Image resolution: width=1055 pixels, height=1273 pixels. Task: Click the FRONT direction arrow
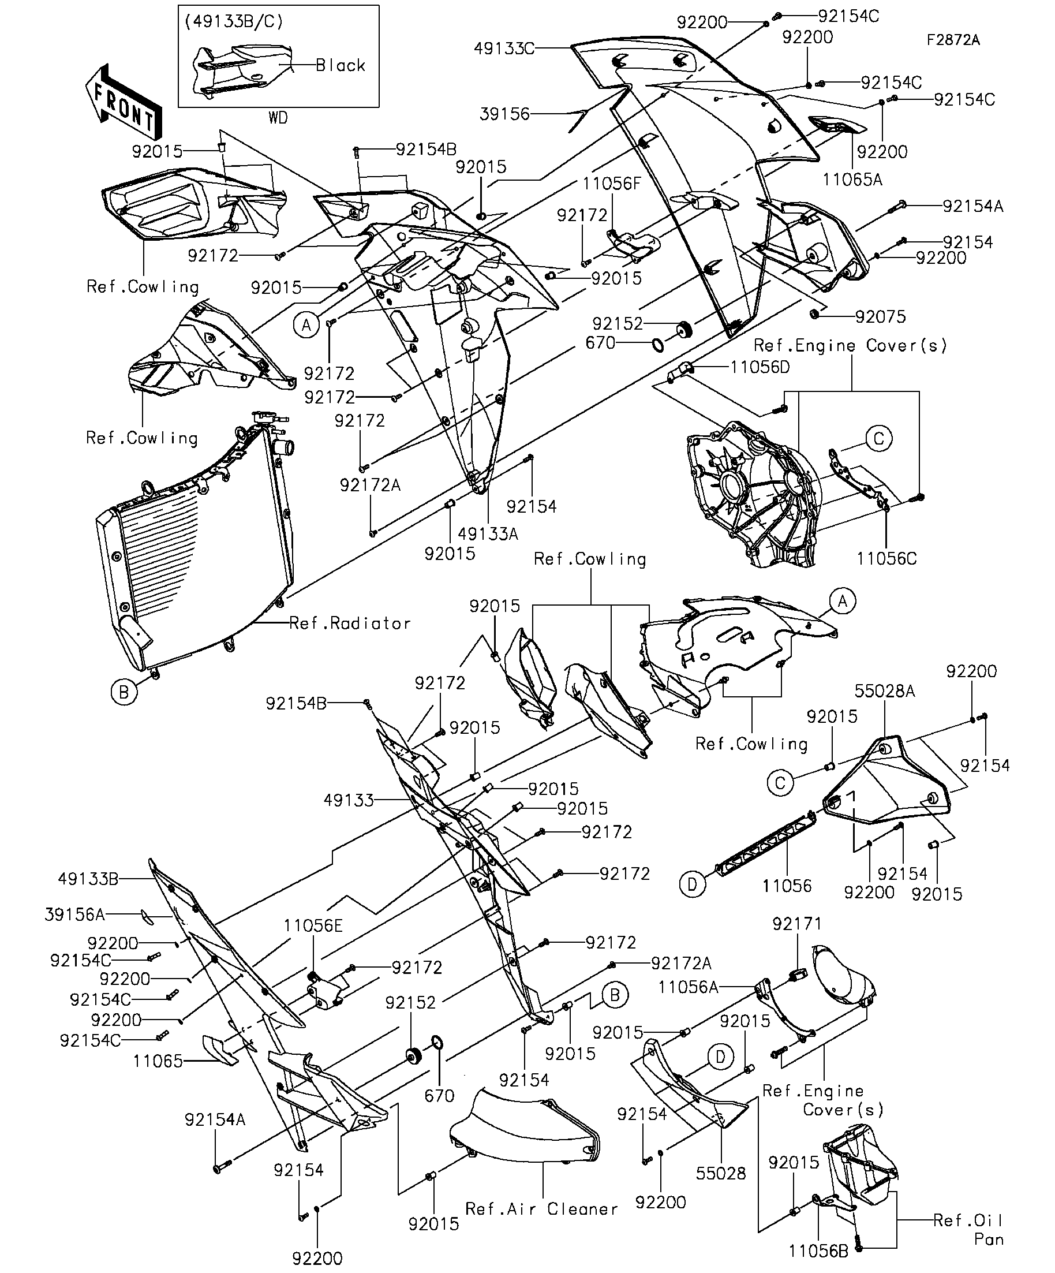(124, 102)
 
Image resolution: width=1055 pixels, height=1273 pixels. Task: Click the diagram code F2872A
(953, 40)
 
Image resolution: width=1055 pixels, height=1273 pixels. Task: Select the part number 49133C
(504, 48)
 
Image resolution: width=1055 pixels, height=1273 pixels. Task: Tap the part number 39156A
(74, 914)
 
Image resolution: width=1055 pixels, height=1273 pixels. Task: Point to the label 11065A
(852, 180)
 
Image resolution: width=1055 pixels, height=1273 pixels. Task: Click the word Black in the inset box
(341, 65)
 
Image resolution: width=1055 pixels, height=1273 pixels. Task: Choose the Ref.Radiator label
(350, 623)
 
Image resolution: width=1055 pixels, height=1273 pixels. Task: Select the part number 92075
(881, 316)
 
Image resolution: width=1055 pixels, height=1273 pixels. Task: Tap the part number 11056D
(760, 367)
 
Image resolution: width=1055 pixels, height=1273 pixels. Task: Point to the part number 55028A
(885, 690)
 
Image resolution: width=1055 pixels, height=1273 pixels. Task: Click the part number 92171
(797, 923)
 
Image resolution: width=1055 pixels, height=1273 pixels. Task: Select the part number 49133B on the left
(88, 878)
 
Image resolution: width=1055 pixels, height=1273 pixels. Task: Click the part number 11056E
(313, 925)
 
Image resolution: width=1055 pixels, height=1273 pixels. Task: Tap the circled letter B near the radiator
(124, 692)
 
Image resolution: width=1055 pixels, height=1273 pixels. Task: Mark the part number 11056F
(611, 184)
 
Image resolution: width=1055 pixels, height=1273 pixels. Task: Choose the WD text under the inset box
(278, 118)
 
